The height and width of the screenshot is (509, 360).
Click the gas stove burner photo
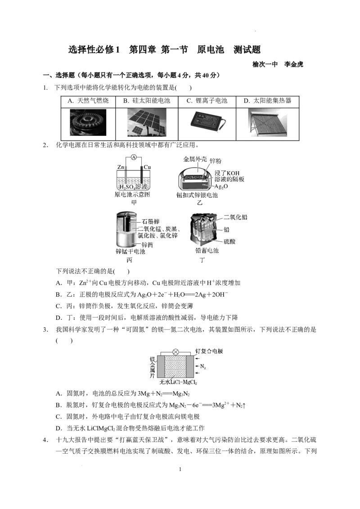coord(88,122)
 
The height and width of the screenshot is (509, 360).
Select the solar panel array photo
coord(148,123)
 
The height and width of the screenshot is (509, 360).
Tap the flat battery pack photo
coord(207,122)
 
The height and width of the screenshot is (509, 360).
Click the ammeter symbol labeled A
coord(134,157)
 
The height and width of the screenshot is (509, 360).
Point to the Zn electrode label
coord(121,167)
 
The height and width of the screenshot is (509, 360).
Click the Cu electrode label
coord(147,167)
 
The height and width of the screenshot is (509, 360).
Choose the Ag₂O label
coord(222,186)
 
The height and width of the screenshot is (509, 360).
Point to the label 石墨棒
coord(150,222)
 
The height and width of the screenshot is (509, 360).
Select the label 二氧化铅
coord(235,217)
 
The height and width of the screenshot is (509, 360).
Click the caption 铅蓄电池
coord(207,250)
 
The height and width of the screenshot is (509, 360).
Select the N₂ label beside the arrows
coord(203,366)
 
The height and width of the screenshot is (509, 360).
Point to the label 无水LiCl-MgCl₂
coord(178,383)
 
